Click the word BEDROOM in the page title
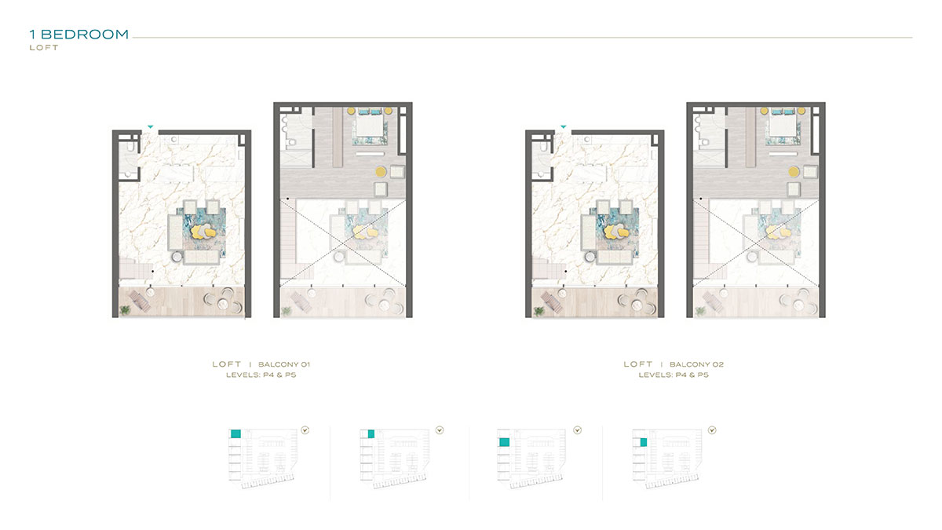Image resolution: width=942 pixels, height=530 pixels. coord(85,35)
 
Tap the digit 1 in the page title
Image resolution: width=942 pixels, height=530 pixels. coord(32,35)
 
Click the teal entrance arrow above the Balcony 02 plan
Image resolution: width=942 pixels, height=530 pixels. coord(563,126)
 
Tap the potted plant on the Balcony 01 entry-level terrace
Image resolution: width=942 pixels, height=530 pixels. coord(125,311)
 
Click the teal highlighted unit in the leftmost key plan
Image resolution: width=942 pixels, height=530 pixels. coord(235,433)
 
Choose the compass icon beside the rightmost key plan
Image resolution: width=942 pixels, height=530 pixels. coord(712,430)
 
